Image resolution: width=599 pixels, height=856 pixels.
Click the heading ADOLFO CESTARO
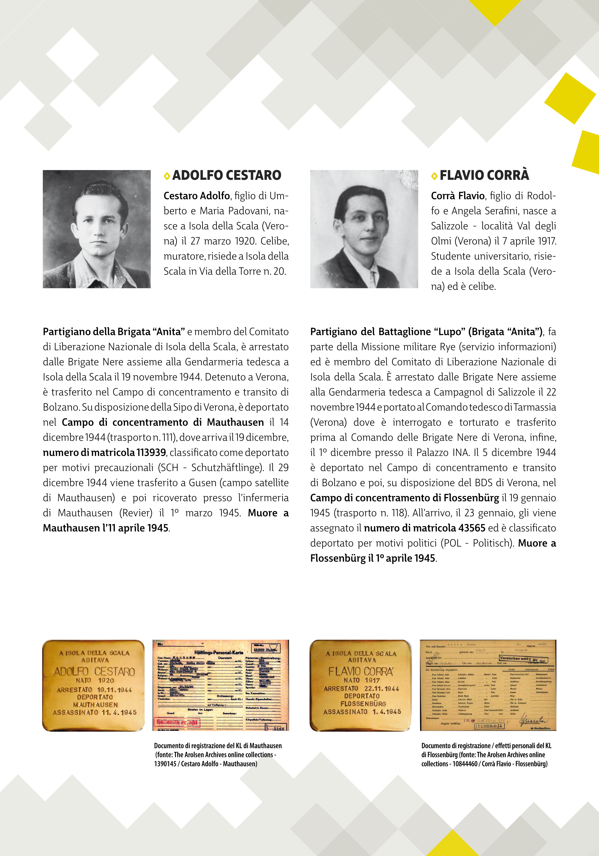227,175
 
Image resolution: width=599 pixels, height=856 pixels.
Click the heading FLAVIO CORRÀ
484,175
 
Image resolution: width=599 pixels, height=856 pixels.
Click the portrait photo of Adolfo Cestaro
97,229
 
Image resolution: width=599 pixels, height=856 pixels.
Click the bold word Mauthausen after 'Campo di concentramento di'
235,422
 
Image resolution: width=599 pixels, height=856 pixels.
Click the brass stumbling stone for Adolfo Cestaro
93,685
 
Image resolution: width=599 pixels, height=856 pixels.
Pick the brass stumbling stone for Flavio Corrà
360,685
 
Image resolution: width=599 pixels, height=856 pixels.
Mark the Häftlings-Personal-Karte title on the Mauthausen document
219,652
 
